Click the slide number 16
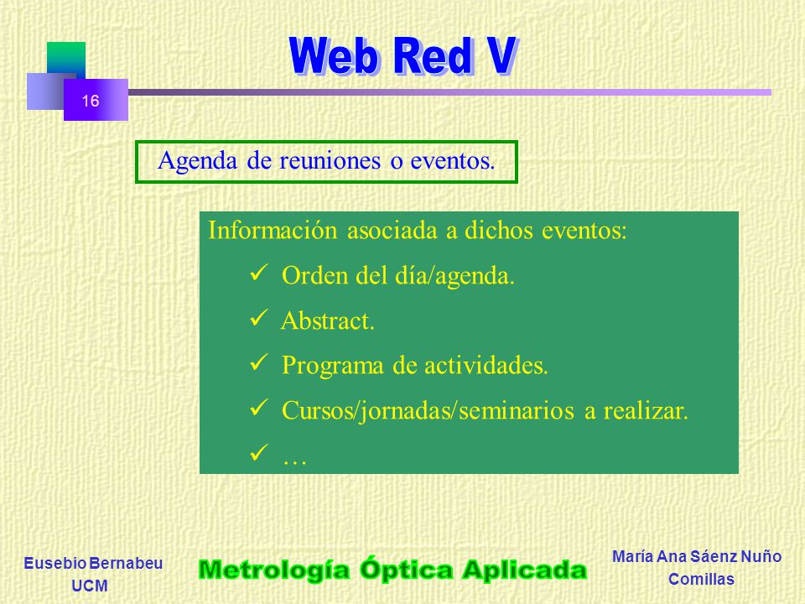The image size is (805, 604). tap(91, 101)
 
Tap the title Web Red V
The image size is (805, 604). tap(402, 56)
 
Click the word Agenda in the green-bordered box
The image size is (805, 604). tap(198, 161)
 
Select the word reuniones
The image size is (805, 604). tap(330, 160)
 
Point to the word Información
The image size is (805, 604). tap(273, 230)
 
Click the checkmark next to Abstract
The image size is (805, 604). tap(259, 319)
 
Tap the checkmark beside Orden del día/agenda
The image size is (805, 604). tap(259, 273)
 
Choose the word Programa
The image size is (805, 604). tap(333, 367)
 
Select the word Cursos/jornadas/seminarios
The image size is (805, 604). tap(428, 412)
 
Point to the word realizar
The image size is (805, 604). tap(646, 410)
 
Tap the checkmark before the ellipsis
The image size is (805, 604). tap(259, 452)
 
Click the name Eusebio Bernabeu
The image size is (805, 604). tap(93, 564)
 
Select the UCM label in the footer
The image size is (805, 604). tap(90, 586)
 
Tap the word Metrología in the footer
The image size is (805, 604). tap(274, 570)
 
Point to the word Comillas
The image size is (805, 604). tap(701, 580)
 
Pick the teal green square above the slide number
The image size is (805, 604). tap(66, 59)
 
